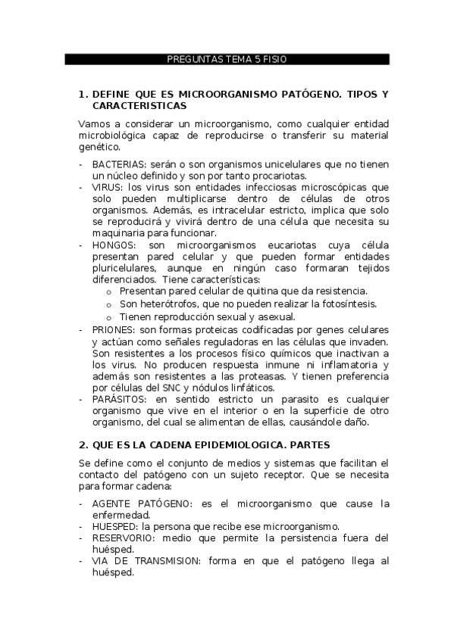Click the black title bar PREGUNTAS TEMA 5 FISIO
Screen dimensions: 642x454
tap(226, 59)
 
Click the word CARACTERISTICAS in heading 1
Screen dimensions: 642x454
tap(140, 107)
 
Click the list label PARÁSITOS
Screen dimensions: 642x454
tap(121, 398)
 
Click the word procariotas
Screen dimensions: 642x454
tap(284, 176)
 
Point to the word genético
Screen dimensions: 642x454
tap(99, 148)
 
